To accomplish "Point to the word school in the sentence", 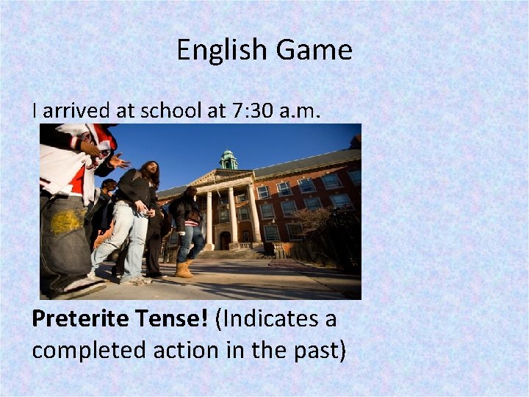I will click(x=168, y=111).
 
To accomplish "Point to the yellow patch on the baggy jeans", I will click(x=67, y=220).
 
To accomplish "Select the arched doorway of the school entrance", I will click(x=225, y=240).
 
